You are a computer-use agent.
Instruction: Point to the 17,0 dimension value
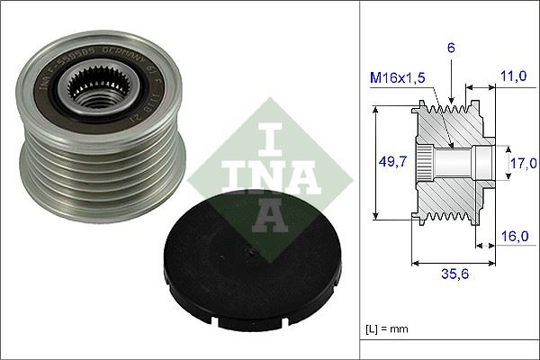pyautogui.click(x=522, y=163)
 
